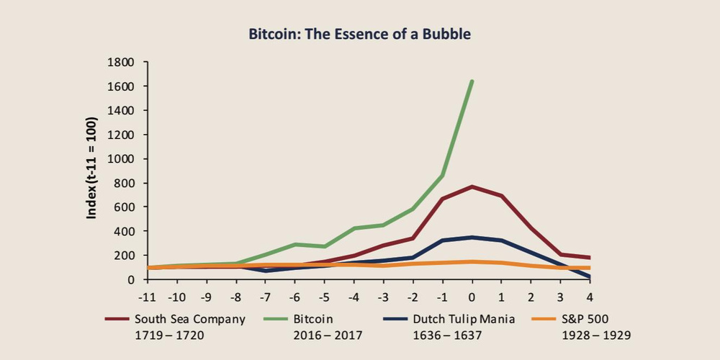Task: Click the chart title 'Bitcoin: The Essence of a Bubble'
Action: pyautogui.click(x=359, y=35)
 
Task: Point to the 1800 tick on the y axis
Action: pyautogui.click(x=121, y=62)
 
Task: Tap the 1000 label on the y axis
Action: pyautogui.click(x=121, y=159)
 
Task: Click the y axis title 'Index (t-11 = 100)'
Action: pyautogui.click(x=92, y=168)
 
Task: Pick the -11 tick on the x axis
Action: pyautogui.click(x=148, y=297)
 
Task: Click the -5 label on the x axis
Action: pyautogui.click(x=324, y=297)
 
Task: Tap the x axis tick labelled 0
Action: pyautogui.click(x=472, y=297)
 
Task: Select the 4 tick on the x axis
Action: pyautogui.click(x=590, y=297)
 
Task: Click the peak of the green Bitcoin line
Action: pyautogui.click(x=472, y=82)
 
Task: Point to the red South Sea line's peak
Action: pyautogui.click(x=472, y=186)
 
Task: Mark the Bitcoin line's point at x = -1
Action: pyautogui.click(x=442, y=176)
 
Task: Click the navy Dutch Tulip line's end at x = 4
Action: pyautogui.click(x=589, y=277)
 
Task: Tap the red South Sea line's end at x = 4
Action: pyautogui.click(x=589, y=258)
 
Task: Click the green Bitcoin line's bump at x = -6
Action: pyautogui.click(x=294, y=244)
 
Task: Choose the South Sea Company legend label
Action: pyautogui.click(x=190, y=320)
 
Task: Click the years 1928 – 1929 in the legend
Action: pyautogui.click(x=596, y=336)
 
